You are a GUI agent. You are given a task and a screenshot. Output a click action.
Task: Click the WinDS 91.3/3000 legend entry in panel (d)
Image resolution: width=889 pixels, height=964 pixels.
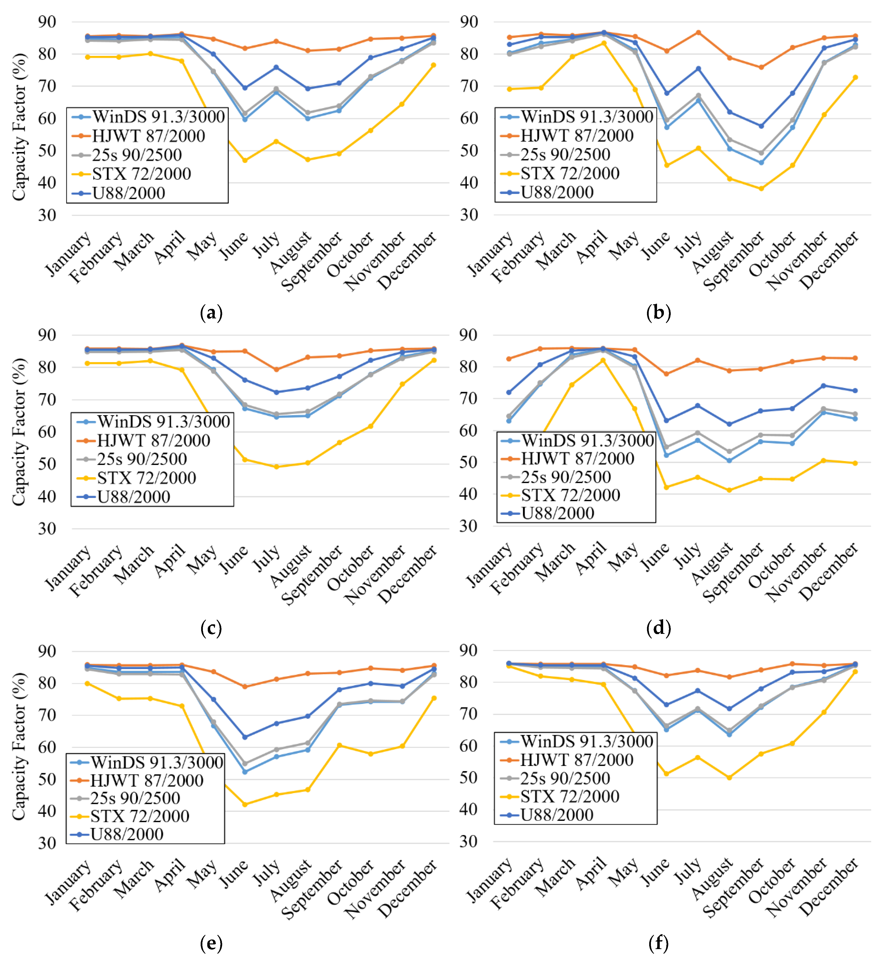tap(587, 440)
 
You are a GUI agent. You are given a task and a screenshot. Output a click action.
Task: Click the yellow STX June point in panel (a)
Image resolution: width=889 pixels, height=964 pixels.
tap(245, 160)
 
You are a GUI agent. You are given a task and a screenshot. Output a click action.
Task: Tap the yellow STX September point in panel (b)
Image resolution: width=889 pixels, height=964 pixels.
tap(761, 189)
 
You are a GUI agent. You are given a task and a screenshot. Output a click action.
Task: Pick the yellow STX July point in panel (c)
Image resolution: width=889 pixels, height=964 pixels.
tap(276, 467)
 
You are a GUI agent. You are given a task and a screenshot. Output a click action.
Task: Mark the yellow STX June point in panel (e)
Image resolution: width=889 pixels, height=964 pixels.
tap(245, 804)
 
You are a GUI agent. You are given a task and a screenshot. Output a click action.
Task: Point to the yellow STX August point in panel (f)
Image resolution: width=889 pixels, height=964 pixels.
tap(729, 777)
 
